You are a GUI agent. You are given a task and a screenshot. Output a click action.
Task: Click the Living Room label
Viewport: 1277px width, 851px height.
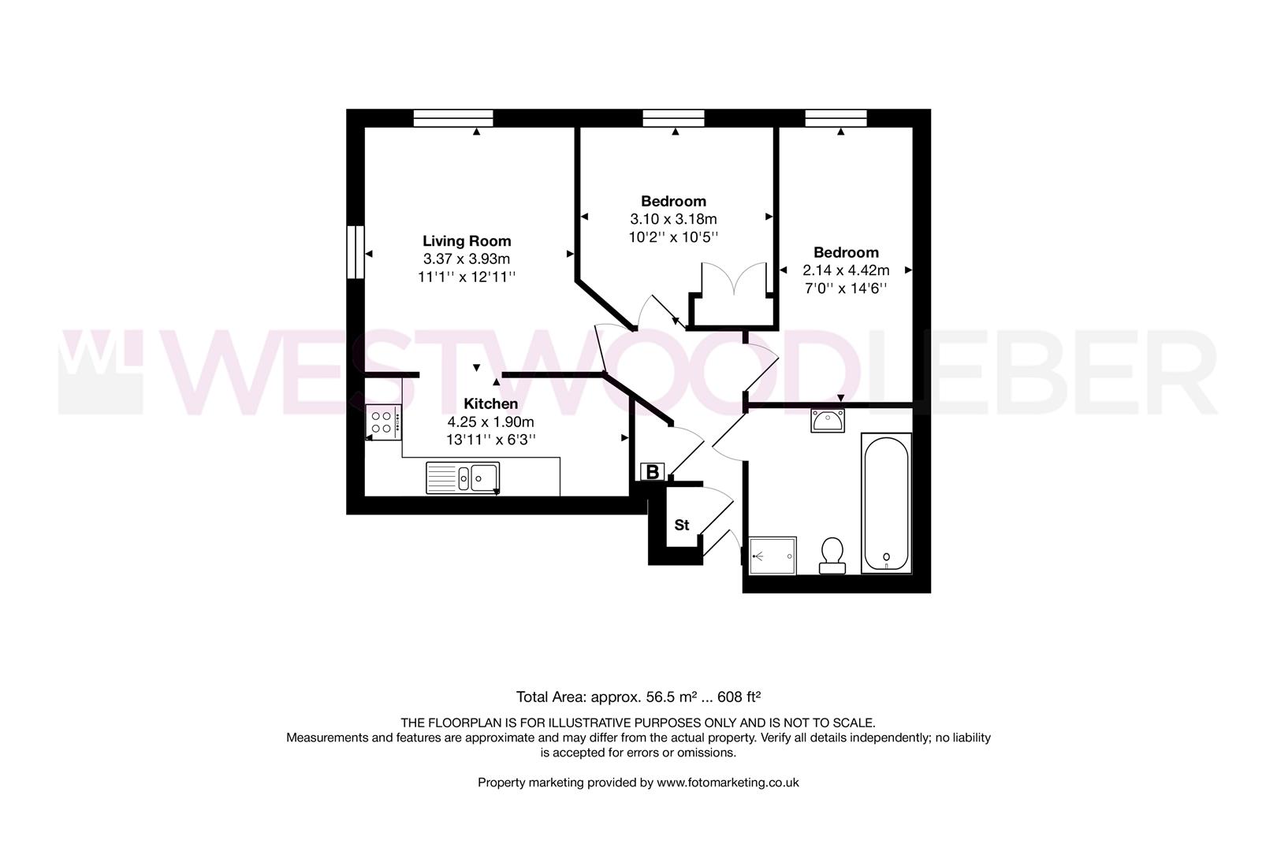click(467, 241)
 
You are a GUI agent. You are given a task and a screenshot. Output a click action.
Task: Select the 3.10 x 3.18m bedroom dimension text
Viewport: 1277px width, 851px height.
click(673, 219)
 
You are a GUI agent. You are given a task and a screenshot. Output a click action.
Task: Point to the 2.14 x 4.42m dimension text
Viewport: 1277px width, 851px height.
click(846, 270)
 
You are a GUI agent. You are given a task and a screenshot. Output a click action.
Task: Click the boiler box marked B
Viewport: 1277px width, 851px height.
click(653, 472)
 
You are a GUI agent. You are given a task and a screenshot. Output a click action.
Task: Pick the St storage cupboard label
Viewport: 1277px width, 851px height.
click(681, 525)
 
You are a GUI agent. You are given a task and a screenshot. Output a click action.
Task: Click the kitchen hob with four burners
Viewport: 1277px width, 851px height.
click(383, 422)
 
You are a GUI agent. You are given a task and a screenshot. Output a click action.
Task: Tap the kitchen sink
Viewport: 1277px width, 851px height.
click(464, 478)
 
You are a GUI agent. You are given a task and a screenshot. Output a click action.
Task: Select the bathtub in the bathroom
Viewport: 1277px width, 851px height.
click(887, 503)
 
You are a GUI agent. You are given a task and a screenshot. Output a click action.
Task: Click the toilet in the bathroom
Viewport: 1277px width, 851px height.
click(832, 556)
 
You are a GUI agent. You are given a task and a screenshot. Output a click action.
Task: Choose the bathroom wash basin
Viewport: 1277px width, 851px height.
click(828, 421)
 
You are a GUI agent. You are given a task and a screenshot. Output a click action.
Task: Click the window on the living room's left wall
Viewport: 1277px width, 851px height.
click(357, 252)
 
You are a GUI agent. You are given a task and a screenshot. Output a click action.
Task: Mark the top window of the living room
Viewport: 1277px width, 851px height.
click(453, 118)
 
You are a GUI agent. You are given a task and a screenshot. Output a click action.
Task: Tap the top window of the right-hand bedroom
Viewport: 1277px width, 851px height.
click(836, 118)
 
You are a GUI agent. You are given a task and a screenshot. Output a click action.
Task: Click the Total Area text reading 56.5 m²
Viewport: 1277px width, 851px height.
click(638, 697)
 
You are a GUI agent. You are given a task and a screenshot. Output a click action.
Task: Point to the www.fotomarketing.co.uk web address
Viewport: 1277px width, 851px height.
click(728, 782)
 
